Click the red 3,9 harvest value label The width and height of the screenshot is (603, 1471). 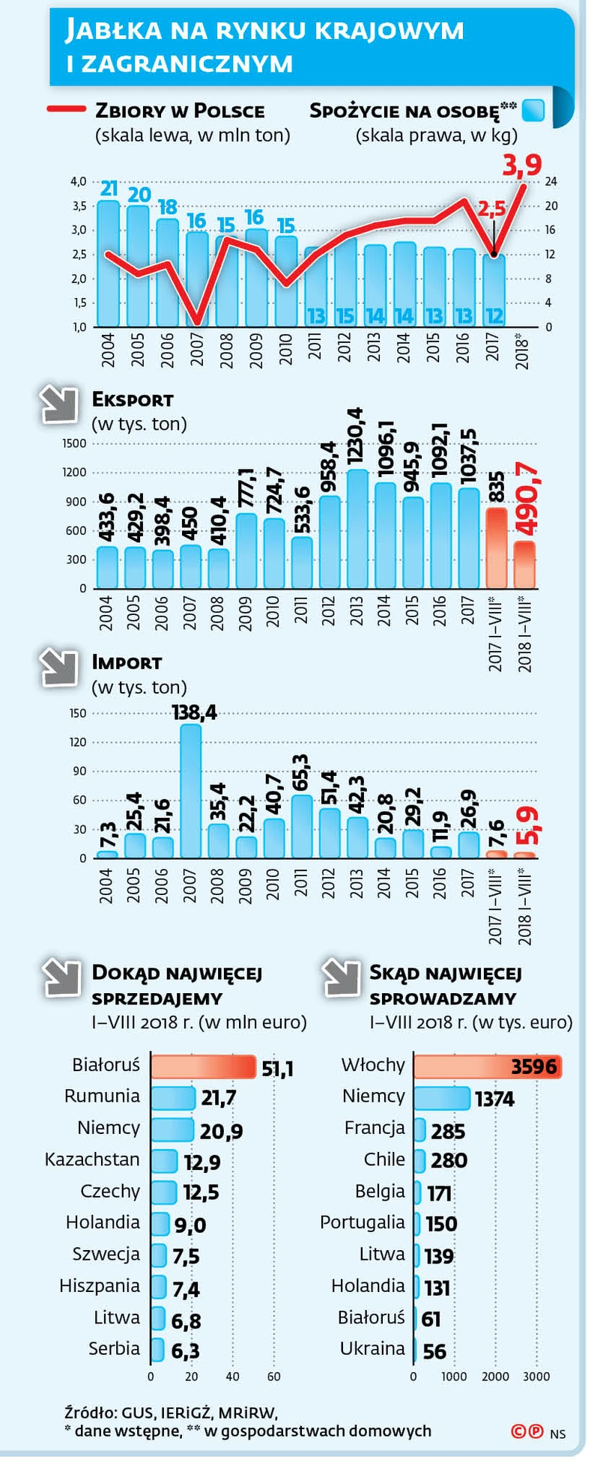[521, 164]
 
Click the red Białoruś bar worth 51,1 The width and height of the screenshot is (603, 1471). [203, 1066]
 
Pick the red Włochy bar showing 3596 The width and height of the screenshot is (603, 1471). [487, 1066]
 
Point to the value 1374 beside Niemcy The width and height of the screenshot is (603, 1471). [494, 1099]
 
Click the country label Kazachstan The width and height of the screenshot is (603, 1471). [92, 1159]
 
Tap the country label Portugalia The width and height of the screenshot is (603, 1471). [362, 1222]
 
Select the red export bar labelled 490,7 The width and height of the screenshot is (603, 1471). [524, 564]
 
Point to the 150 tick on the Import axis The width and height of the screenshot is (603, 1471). [78, 713]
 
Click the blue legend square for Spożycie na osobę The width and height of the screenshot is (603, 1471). [533, 111]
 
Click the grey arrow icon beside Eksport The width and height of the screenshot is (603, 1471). [60, 405]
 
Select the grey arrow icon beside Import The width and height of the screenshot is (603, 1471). [60, 668]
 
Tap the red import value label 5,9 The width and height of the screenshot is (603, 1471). [530, 825]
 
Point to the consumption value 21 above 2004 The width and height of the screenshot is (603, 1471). [109, 189]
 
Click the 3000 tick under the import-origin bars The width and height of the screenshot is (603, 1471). [536, 1377]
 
